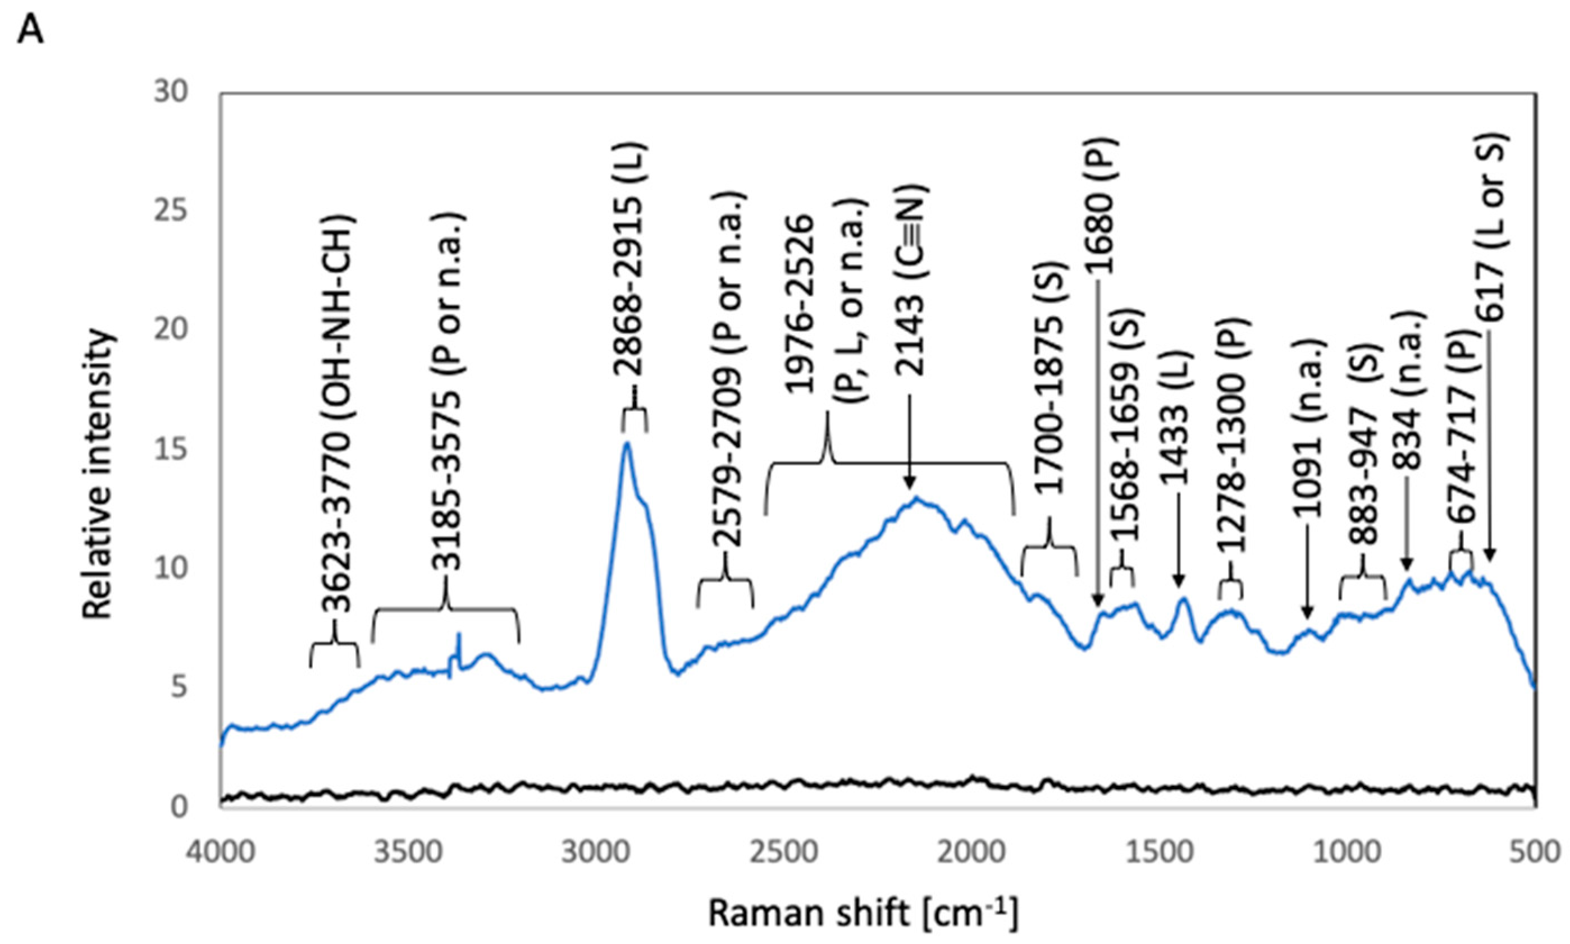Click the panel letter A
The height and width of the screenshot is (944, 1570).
tap(30, 29)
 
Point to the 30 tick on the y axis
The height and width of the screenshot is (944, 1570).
tap(171, 93)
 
